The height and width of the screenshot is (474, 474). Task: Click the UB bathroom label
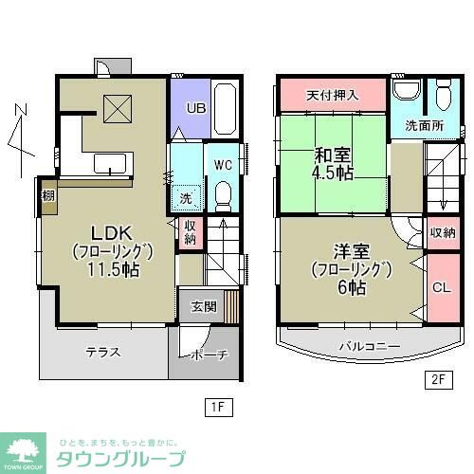tap(196, 107)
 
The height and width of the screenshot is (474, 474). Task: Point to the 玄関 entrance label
tap(203, 306)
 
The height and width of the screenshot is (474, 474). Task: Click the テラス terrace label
tap(103, 352)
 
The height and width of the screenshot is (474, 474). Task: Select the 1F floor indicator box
tap(217, 408)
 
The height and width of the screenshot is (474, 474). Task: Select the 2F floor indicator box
tap(437, 381)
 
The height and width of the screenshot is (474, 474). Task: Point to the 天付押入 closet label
tap(333, 96)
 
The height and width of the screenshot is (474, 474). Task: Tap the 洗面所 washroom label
tap(422, 125)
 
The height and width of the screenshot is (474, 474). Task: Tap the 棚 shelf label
tap(46, 197)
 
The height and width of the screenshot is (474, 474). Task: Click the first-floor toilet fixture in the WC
tap(224, 196)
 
